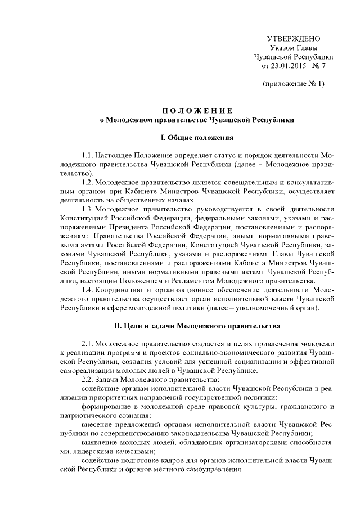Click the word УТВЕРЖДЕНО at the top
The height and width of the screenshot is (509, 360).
tap(293, 39)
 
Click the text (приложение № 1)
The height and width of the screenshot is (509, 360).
tap(293, 84)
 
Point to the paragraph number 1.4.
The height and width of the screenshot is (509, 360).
tap(87, 290)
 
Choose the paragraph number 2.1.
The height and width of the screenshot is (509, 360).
tap(87, 343)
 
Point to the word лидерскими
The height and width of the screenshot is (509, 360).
tap(89, 451)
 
